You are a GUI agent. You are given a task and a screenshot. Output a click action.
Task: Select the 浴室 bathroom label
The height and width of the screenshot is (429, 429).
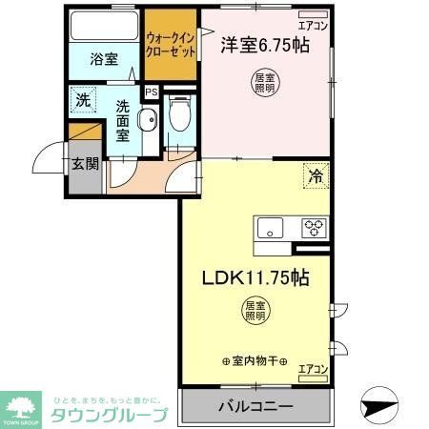pyautogui.click(x=104, y=59)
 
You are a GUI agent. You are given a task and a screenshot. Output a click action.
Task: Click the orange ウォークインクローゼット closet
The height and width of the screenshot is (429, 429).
pyautogui.click(x=171, y=46)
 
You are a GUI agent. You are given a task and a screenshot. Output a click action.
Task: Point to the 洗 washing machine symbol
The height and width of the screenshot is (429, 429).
pyautogui.click(x=82, y=97)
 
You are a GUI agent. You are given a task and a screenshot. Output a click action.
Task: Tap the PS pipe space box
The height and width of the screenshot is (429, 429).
pyautogui.click(x=151, y=92)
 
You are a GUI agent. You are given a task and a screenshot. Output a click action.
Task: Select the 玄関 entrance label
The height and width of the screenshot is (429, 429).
pyautogui.click(x=83, y=163)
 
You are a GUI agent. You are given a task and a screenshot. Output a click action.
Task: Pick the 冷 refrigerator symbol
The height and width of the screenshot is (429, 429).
pyautogui.click(x=314, y=174)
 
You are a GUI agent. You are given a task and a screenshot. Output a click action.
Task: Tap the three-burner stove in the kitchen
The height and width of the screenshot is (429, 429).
pyautogui.click(x=314, y=228)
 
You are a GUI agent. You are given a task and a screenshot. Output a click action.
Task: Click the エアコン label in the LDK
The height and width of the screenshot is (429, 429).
pyautogui.click(x=312, y=368)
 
